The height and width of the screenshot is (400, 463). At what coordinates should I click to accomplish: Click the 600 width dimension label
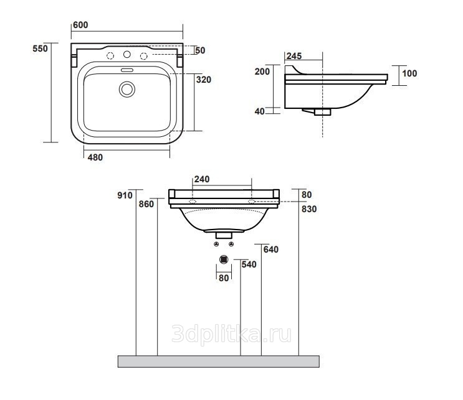80,25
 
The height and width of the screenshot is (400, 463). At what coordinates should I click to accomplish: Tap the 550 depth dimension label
40,49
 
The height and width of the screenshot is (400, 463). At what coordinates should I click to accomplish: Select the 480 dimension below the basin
95,157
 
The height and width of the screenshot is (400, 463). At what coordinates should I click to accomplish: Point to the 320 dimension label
204,80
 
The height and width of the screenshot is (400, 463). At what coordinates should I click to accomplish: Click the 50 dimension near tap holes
200,50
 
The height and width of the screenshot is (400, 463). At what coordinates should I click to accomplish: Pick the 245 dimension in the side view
294,56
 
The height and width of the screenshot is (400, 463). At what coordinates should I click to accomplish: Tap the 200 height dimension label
262,72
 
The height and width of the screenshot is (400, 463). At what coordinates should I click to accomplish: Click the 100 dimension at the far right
409,73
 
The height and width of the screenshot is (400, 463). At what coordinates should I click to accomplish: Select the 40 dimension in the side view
260,111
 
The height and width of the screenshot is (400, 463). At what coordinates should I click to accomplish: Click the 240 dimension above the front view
202,179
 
